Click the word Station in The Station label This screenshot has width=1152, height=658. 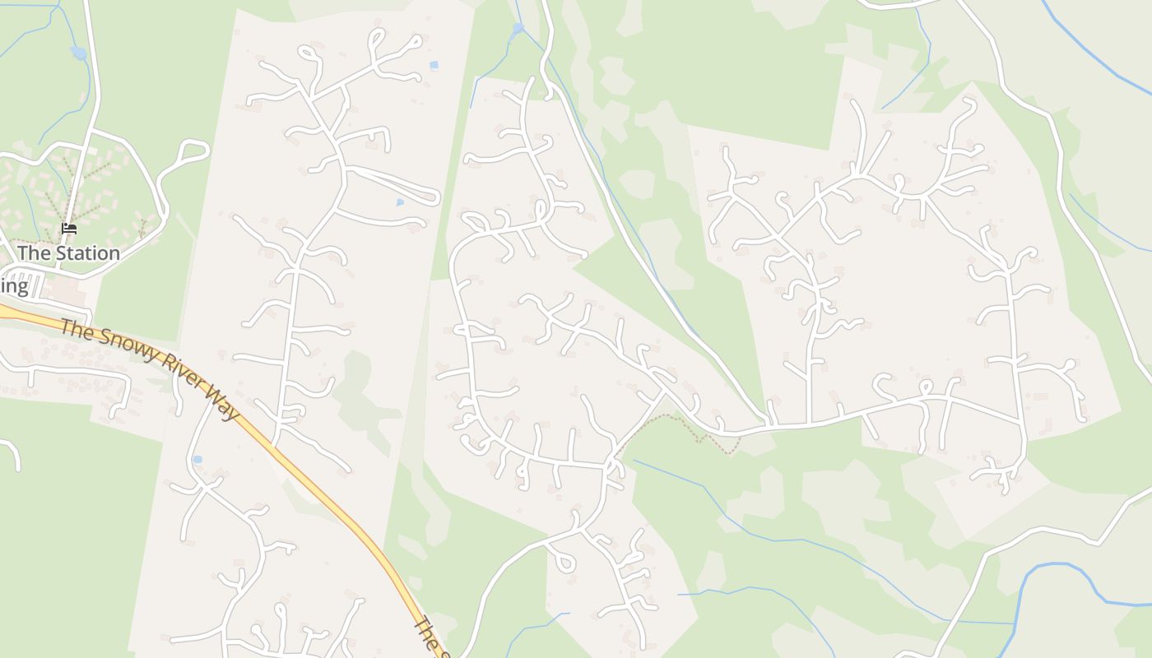click(x=86, y=253)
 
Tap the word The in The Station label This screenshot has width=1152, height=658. click(x=34, y=253)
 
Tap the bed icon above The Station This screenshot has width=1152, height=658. click(x=69, y=229)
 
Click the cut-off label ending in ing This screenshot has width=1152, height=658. click(x=14, y=286)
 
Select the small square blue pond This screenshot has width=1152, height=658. click(x=434, y=64)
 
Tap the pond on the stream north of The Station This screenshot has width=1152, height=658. click(x=79, y=53)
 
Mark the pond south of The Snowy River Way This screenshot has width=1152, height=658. click(x=197, y=459)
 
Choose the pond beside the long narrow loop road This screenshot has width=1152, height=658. click(x=400, y=202)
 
